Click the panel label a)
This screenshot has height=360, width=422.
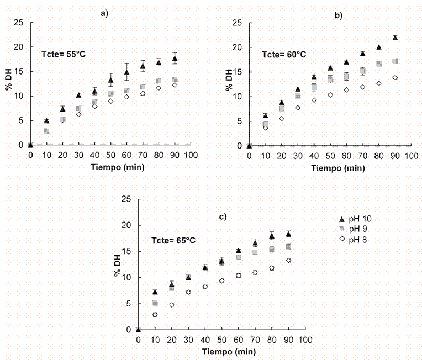(103, 14)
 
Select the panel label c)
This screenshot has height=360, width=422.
(223, 216)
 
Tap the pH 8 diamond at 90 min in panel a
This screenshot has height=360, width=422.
(175, 85)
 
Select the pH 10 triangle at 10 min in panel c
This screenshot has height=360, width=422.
(155, 292)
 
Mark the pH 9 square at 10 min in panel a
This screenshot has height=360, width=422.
(47, 131)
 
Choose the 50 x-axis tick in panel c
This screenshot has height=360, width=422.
(221, 340)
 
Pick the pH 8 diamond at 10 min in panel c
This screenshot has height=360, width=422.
(155, 315)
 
